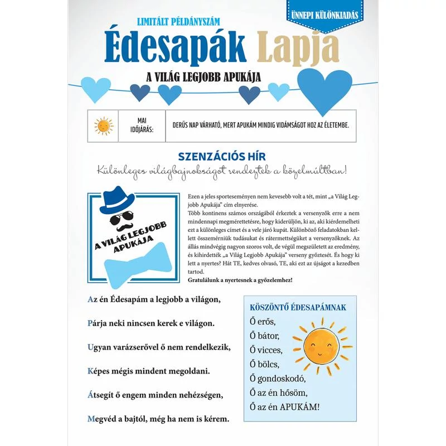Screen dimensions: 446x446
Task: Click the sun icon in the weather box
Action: pos(104,126)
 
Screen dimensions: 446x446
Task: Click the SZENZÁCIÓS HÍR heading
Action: pos(221,156)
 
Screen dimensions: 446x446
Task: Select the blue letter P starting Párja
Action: pos(90,323)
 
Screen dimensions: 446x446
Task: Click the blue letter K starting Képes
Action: pos(91,370)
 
